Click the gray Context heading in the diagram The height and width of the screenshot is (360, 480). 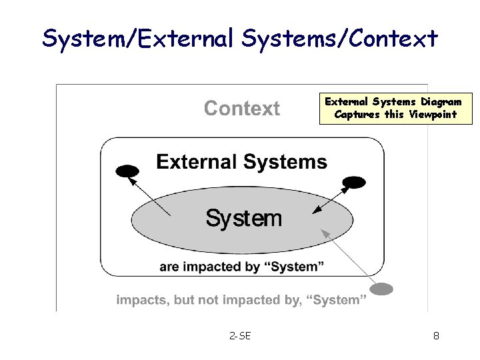point(241,109)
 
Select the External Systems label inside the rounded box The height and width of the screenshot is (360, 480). point(241,162)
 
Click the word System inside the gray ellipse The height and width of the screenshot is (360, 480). point(243,217)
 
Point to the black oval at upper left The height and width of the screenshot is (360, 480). point(127,171)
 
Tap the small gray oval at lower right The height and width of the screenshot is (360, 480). point(382,289)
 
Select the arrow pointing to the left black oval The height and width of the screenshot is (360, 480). point(149,194)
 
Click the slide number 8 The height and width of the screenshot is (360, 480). point(436,336)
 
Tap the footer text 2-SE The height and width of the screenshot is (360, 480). point(240,336)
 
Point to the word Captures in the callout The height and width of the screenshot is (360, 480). point(357,114)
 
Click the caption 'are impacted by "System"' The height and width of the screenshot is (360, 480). point(241,267)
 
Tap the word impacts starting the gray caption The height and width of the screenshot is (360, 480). point(141,300)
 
